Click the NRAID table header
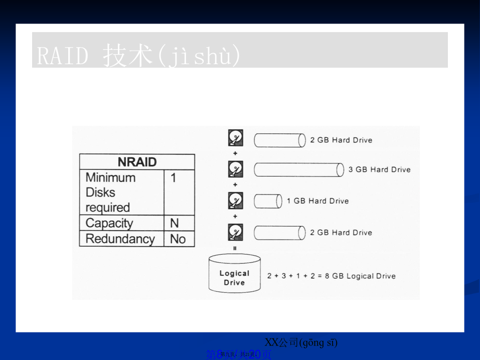tap(137, 162)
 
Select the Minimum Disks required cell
tap(121, 192)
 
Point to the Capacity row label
tap(121, 223)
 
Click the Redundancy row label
tap(121, 239)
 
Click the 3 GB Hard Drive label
tap(379, 169)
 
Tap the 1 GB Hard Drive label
tap(317, 201)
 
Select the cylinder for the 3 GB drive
tap(298, 170)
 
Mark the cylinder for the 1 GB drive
tap(267, 201)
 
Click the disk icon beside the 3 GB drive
tap(235, 169)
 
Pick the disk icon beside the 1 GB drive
tap(235, 201)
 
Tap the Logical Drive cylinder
tap(234, 274)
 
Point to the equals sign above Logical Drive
tap(235, 248)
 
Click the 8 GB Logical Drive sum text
tap(331, 276)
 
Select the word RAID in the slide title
tap(62, 56)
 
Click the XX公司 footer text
tap(301, 342)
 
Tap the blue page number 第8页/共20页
tap(239, 354)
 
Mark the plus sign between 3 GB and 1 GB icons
tap(235, 185)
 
